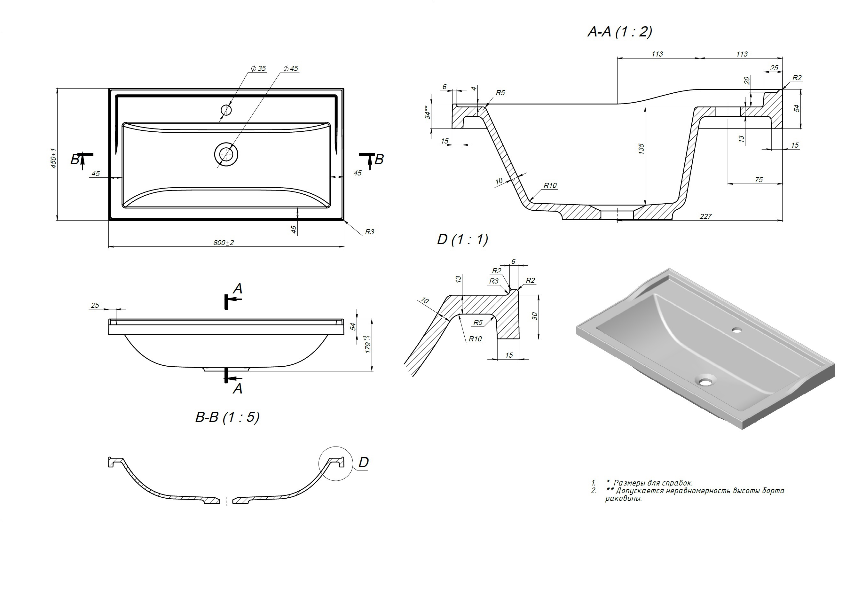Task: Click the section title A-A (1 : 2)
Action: pos(620,32)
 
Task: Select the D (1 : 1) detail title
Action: pos(462,239)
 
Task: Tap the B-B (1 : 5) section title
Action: pos(227,417)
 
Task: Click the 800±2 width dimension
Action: pos(224,242)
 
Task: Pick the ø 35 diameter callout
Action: pos(258,69)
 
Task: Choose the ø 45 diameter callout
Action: pos(291,69)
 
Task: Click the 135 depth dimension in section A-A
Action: pos(641,149)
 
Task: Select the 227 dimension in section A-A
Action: pos(705,216)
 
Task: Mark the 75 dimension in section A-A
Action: pos(759,180)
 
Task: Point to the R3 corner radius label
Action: pos(370,232)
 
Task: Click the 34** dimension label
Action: pos(427,112)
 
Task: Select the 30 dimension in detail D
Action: pos(534,316)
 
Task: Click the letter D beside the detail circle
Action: pos(363,462)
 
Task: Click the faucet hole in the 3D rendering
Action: pos(736,330)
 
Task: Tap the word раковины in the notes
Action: pos(624,498)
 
